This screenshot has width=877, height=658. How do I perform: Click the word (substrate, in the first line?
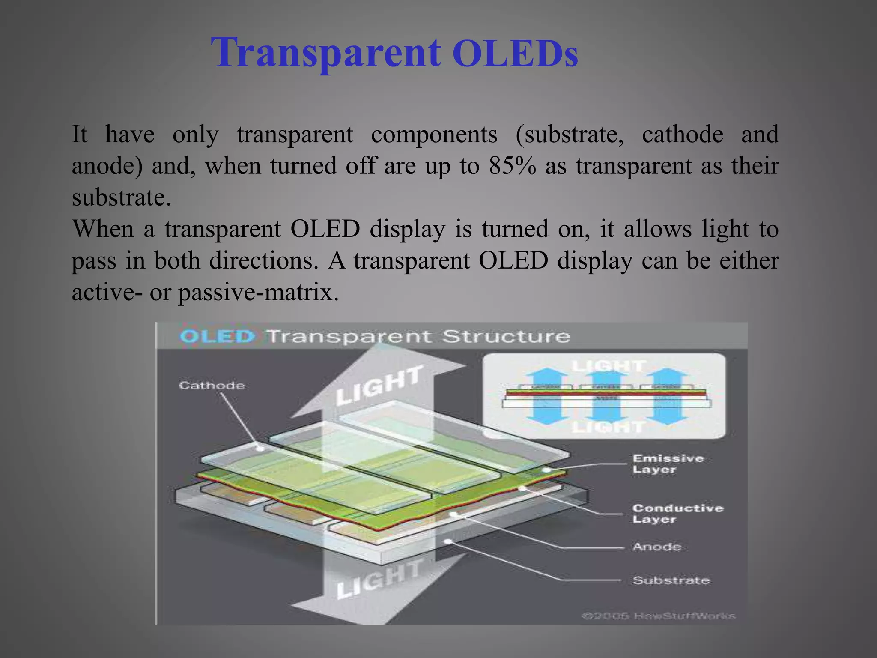tap(570, 135)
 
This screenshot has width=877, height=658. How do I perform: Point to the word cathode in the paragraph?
tap(683, 135)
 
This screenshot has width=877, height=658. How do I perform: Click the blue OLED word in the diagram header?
tap(217, 336)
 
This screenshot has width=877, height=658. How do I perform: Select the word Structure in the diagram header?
tap(506, 337)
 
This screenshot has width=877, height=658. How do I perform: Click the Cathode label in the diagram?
tap(212, 386)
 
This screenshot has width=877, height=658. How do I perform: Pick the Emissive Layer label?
tap(668, 464)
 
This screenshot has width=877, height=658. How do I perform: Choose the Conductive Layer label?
tap(677, 514)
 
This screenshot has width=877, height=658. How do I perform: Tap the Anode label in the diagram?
tap(656, 547)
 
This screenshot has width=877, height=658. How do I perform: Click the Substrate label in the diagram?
tap(671, 580)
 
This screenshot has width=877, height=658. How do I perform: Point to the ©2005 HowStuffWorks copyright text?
tap(658, 616)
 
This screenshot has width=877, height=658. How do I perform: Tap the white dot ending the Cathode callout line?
tap(260, 449)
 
